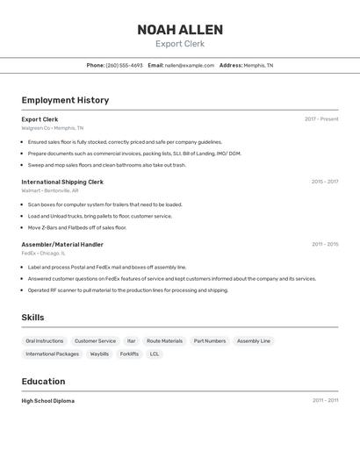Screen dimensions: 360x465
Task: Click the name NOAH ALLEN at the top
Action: click(x=179, y=30)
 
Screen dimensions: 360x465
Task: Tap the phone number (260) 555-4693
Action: click(x=124, y=65)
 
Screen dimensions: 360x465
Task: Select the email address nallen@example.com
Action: click(x=190, y=65)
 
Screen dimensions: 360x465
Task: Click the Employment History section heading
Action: click(x=65, y=100)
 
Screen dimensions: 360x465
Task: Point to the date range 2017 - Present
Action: click(x=321, y=119)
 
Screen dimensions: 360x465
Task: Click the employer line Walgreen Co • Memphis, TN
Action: click(x=53, y=128)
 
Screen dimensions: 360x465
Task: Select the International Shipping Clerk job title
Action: click(x=62, y=182)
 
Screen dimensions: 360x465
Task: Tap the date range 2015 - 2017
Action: click(x=324, y=182)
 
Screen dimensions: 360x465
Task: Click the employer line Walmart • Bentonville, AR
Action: click(x=50, y=190)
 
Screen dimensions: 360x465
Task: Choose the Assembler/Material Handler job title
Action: click(x=62, y=244)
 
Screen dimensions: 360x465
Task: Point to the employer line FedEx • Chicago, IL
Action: click(x=47, y=253)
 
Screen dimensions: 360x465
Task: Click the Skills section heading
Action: click(x=32, y=318)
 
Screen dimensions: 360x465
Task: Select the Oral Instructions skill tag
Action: click(x=45, y=340)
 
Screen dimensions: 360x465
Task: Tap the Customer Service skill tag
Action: click(x=95, y=340)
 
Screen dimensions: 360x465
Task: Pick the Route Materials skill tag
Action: click(x=164, y=340)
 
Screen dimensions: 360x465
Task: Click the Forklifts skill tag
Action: click(x=129, y=354)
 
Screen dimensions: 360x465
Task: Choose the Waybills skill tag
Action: click(x=99, y=354)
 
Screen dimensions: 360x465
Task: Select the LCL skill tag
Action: click(x=155, y=354)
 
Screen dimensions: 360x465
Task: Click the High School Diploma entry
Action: click(x=48, y=401)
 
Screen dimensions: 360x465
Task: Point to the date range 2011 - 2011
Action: click(x=325, y=401)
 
